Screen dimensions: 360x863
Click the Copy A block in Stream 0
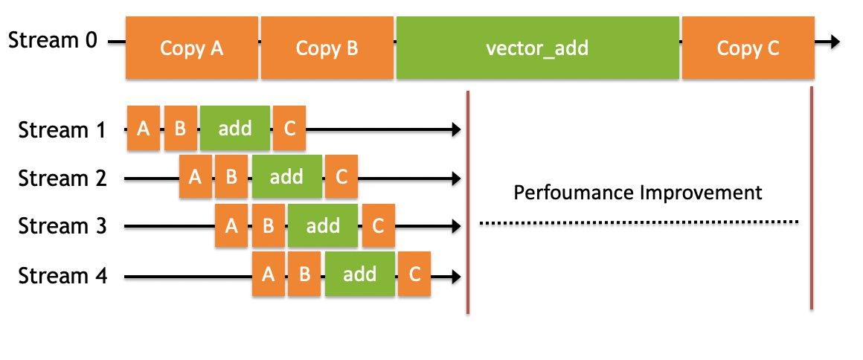click(x=192, y=48)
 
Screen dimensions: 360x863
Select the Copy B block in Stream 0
click(x=327, y=48)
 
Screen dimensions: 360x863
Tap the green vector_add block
click(x=537, y=48)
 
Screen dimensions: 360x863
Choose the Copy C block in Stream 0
click(x=748, y=48)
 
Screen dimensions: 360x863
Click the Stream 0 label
click(x=52, y=39)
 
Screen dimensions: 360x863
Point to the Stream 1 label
click(x=62, y=130)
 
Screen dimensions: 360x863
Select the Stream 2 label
click(x=62, y=179)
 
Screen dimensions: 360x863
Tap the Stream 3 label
click(x=62, y=226)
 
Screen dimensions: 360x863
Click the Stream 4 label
click(x=62, y=276)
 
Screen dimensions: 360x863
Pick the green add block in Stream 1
click(x=235, y=129)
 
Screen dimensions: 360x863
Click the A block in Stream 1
click(x=144, y=129)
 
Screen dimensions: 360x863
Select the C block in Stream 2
click(x=341, y=177)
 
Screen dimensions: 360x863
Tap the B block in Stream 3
click(x=268, y=225)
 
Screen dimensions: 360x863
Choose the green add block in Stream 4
click(x=359, y=274)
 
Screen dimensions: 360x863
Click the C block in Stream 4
click(x=414, y=274)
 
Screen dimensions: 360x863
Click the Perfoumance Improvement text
click(x=638, y=193)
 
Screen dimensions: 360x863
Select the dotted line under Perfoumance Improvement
click(x=638, y=222)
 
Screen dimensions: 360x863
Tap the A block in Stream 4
click(x=269, y=274)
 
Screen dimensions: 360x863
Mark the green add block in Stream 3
click(x=323, y=225)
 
